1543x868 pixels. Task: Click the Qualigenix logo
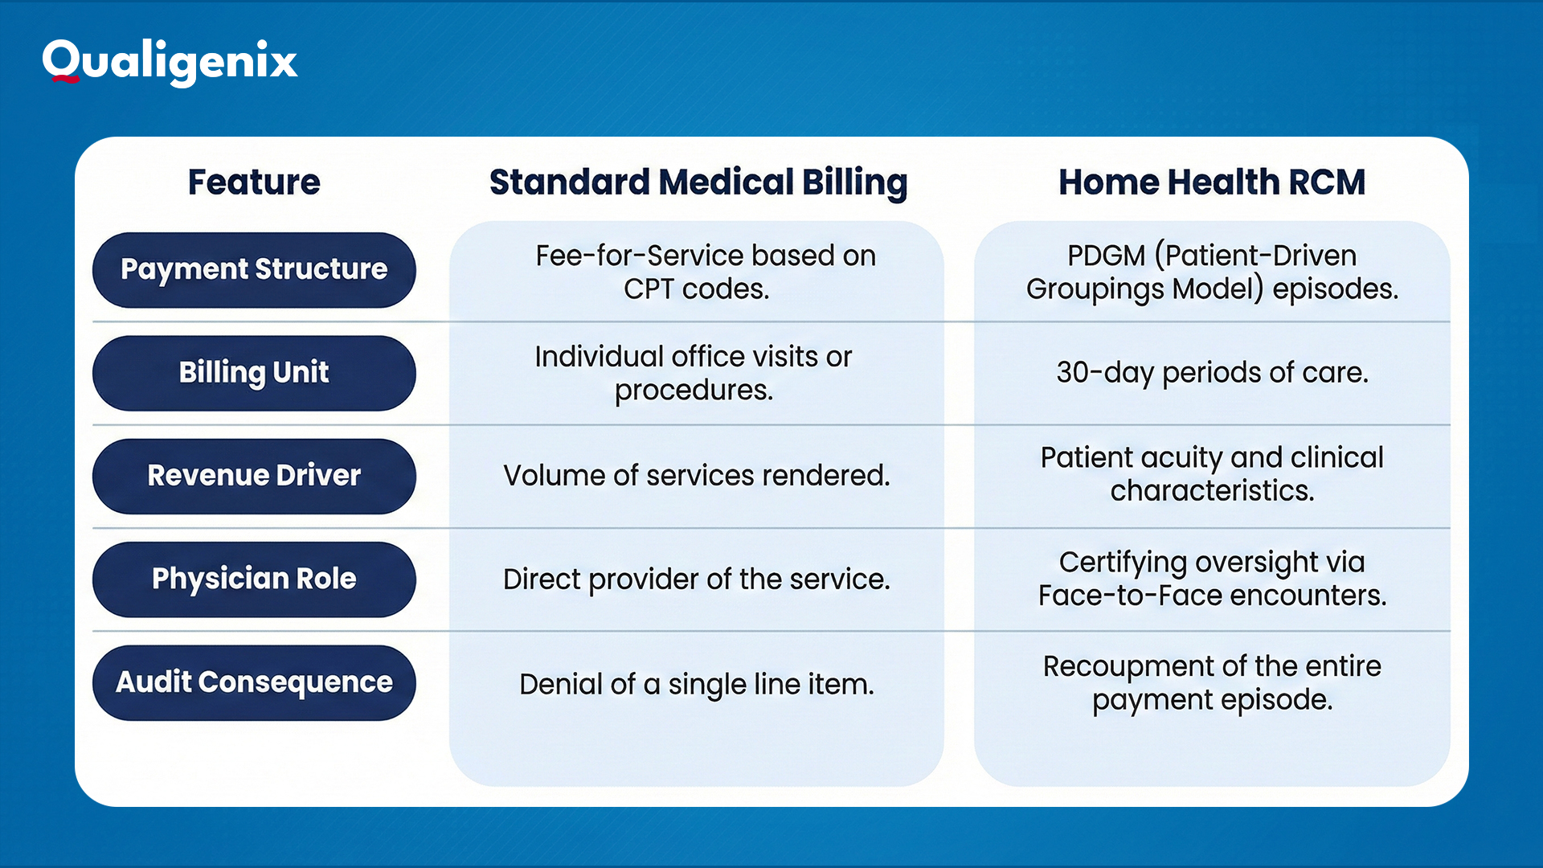click(x=170, y=61)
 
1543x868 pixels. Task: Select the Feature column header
click(x=254, y=182)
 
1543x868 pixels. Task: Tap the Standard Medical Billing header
click(x=698, y=182)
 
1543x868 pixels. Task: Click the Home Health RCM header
click(x=1211, y=182)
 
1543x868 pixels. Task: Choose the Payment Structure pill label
click(x=254, y=269)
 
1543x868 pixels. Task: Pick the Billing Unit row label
click(x=254, y=372)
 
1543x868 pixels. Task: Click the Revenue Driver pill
click(x=254, y=476)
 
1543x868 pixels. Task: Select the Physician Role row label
click(x=254, y=579)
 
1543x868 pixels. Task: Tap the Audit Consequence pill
click(x=254, y=682)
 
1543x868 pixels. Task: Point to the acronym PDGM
click(x=1106, y=256)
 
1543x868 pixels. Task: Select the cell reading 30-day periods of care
click(x=1211, y=372)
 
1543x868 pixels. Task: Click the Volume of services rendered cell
click(x=696, y=476)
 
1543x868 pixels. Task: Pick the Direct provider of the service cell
click(x=696, y=579)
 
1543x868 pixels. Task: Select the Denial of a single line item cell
click(x=696, y=684)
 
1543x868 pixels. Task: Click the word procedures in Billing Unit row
click(x=693, y=391)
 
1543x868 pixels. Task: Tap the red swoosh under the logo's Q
click(x=63, y=79)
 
